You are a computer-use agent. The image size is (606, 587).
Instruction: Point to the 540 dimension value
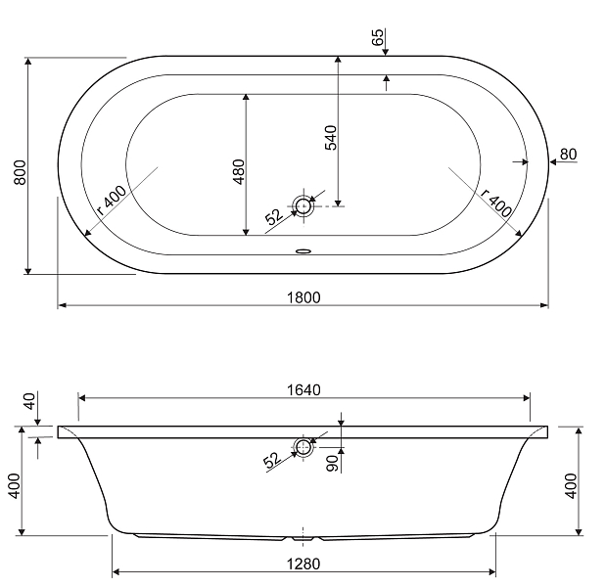tap(330, 137)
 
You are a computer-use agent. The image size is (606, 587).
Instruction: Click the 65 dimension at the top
tap(377, 38)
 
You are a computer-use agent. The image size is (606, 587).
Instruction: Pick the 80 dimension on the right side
tap(569, 154)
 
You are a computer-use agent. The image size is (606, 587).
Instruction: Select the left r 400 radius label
tap(111, 201)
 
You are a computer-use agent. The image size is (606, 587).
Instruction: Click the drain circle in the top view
tap(304, 205)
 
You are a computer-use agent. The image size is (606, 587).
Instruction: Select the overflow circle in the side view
tap(303, 448)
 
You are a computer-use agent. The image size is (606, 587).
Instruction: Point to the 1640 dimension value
tap(304, 389)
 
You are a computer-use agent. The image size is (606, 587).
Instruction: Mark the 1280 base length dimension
tap(304, 564)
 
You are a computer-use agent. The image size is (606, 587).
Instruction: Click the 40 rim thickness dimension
tap(28, 401)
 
